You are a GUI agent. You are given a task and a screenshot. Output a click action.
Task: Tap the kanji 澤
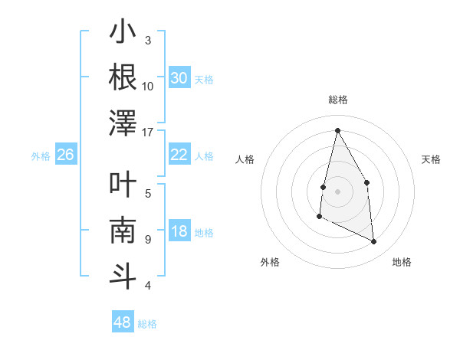[123, 123]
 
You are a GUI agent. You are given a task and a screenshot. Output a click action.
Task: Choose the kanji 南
[123, 231]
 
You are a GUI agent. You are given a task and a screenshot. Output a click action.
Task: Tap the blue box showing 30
[179, 78]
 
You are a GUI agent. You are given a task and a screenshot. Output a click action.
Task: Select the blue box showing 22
[179, 155]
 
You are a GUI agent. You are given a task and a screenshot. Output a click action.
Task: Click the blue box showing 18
[179, 232]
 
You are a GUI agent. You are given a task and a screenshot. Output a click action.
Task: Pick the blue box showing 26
[65, 155]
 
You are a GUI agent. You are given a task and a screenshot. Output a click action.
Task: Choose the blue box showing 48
[122, 322]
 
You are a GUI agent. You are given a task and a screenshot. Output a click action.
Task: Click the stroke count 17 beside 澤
[148, 131]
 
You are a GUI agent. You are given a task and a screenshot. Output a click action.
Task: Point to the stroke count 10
[148, 86]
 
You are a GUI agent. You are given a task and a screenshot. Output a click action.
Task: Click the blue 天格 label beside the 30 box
[204, 80]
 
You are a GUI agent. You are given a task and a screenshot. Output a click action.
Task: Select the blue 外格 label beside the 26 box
[41, 156]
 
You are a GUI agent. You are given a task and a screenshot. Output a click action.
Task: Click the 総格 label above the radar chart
[337, 100]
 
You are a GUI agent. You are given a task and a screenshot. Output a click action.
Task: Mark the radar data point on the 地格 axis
[374, 242]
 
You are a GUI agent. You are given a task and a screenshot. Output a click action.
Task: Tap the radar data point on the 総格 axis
[337, 130]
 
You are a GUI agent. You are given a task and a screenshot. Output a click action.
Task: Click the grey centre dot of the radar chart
[337, 191]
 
